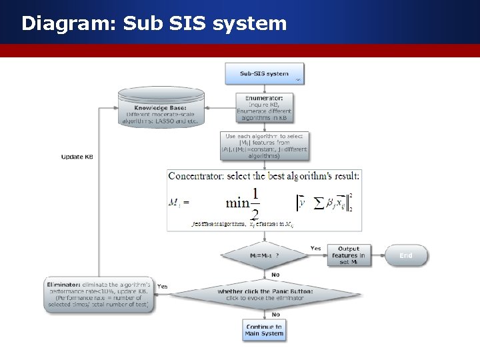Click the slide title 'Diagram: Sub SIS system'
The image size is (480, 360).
[154, 24]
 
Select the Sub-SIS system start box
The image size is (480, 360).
[264, 74]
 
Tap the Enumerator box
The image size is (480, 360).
[264, 107]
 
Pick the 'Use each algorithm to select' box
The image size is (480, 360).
[264, 146]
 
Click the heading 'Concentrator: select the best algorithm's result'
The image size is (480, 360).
[264, 176]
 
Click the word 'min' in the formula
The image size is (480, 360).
[238, 201]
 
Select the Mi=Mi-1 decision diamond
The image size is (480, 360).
[265, 255]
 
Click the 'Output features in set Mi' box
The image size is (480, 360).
[349, 255]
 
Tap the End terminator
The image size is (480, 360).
[405, 255]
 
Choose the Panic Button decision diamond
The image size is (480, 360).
[265, 294]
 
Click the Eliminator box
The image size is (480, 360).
[100, 294]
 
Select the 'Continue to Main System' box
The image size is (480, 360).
[264, 330]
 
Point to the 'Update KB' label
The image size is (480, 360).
[77, 157]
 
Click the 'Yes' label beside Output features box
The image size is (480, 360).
[315, 248]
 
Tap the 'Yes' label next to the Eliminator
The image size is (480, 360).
[162, 287]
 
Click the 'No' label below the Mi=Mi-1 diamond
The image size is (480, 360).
[275, 274]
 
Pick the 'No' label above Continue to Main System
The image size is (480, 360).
[275, 314]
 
